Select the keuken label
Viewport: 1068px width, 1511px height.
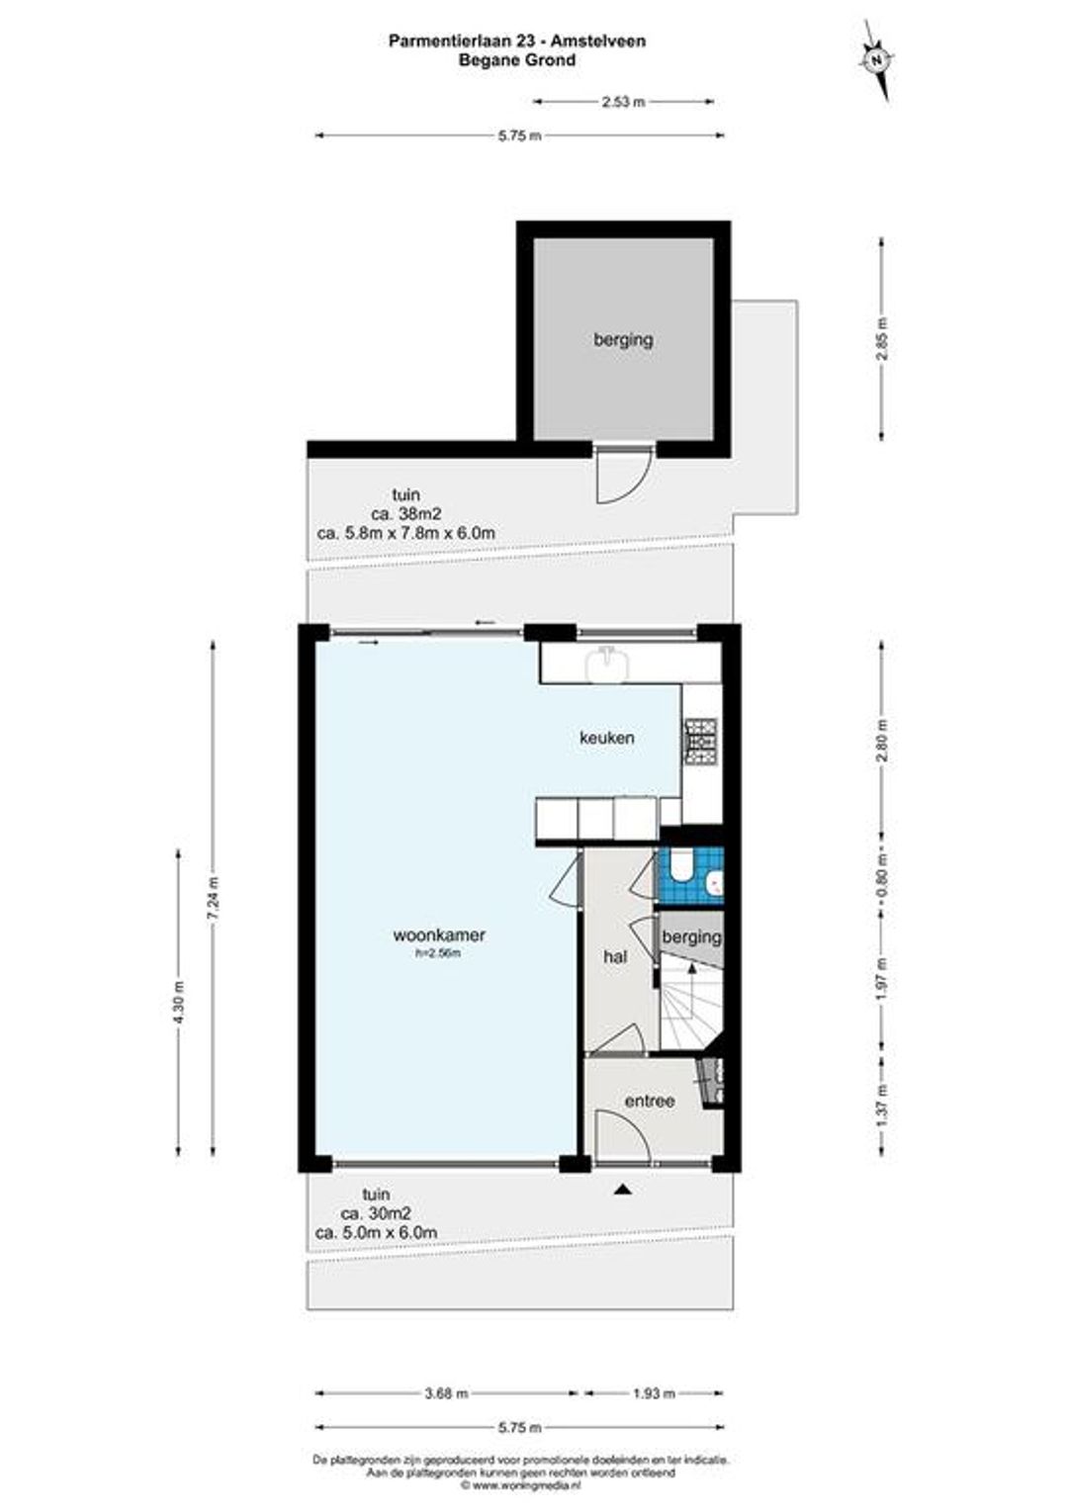[x=606, y=738]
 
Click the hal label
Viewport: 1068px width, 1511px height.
[x=615, y=956]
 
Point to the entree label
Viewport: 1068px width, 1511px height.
[x=649, y=1101]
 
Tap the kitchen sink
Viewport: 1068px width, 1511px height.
[x=608, y=664]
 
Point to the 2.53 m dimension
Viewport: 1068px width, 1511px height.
[x=623, y=103]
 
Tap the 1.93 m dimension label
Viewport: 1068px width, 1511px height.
[x=653, y=1393]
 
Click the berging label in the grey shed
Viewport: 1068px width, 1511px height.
[x=623, y=339]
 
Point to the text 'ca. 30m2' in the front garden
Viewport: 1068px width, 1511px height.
[x=375, y=1212]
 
